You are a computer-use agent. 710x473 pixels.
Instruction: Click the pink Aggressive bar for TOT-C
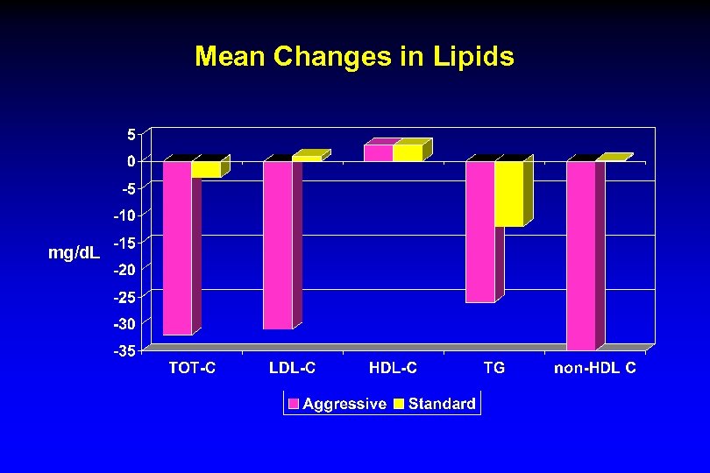pyautogui.click(x=178, y=248)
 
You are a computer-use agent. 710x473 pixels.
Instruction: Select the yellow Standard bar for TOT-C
pyautogui.click(x=207, y=169)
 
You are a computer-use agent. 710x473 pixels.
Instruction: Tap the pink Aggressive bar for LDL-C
pyautogui.click(x=278, y=245)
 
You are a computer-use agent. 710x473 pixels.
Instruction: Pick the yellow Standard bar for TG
pyautogui.click(x=508, y=194)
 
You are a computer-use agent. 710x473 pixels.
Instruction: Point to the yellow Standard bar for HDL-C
pyautogui.click(x=408, y=153)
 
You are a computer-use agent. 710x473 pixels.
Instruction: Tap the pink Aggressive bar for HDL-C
pyautogui.click(x=379, y=153)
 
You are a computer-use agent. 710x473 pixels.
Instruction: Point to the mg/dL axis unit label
pyautogui.click(x=74, y=254)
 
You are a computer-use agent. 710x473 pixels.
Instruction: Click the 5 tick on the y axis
pyautogui.click(x=131, y=135)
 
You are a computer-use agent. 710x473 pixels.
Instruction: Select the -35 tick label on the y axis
pyautogui.click(x=124, y=351)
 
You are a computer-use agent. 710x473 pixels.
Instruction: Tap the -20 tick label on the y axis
pyautogui.click(x=124, y=270)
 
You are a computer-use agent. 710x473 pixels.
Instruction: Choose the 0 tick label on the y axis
pyautogui.click(x=131, y=161)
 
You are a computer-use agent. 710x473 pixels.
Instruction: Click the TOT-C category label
pyautogui.click(x=192, y=369)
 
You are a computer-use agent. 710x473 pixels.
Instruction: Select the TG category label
pyautogui.click(x=494, y=369)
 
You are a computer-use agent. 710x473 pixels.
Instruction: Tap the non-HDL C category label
pyautogui.click(x=594, y=369)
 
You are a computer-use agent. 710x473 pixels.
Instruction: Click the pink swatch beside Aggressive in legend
pyautogui.click(x=294, y=404)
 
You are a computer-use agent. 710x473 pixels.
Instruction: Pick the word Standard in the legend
pyautogui.click(x=442, y=404)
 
